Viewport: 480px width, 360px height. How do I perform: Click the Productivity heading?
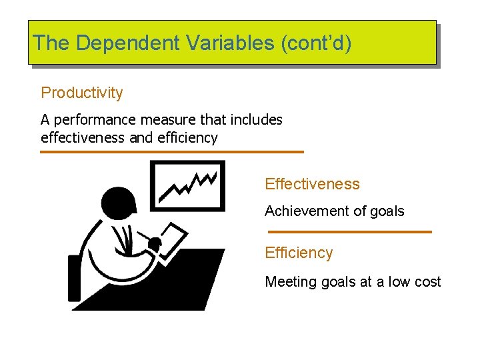(82, 93)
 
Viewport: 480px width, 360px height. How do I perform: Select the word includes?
(256, 120)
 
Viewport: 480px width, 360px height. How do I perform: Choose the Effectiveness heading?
(312, 184)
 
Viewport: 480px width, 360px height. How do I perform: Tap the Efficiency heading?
(299, 253)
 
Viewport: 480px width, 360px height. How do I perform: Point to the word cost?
(427, 281)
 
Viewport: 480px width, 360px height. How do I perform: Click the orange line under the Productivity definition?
(171, 152)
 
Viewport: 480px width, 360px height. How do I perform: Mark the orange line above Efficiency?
(349, 231)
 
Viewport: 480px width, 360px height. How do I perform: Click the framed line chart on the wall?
(188, 184)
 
